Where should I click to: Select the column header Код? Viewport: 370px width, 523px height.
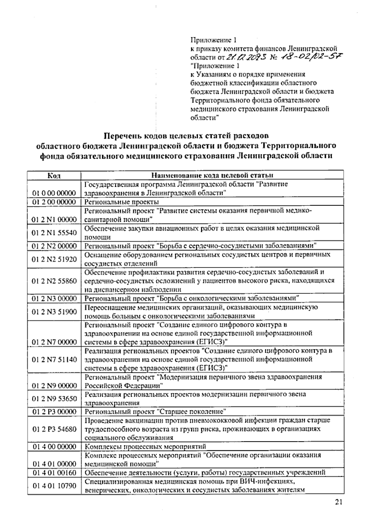coord(54,176)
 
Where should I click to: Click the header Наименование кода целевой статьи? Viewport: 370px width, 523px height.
coord(212,176)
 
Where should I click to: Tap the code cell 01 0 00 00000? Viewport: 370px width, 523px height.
coord(54,193)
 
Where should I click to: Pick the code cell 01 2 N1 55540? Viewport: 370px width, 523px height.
coord(54,233)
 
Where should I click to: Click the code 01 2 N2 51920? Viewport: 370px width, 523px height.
coord(54,259)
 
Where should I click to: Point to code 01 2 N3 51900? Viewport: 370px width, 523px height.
coord(54,312)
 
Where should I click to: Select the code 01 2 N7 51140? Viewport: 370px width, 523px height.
coord(54,359)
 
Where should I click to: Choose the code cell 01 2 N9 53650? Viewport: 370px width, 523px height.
coord(54,399)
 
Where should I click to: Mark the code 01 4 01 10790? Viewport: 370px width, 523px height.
coord(54,486)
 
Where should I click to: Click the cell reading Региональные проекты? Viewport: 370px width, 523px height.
coord(122,202)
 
